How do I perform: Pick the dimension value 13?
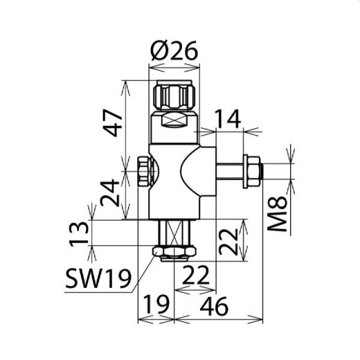[x=80, y=235]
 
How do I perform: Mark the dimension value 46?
[x=219, y=305]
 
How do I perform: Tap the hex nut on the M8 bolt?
[x=253, y=171]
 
